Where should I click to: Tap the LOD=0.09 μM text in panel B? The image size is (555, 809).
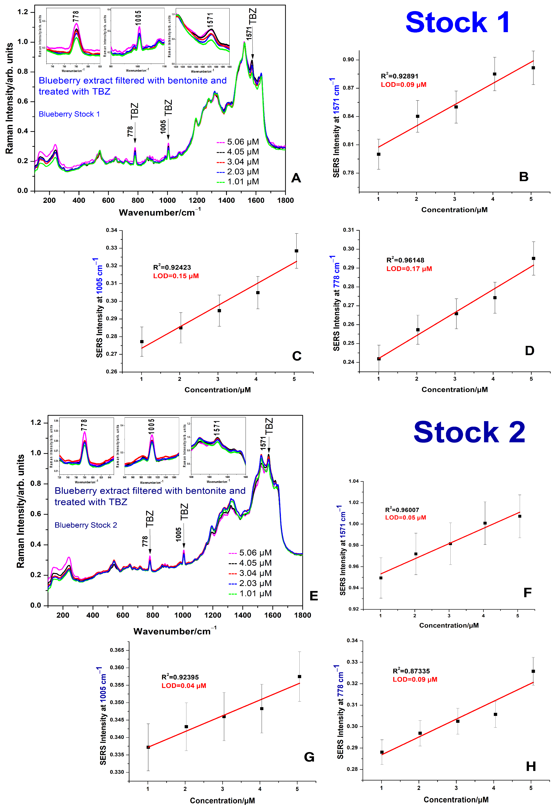[403, 85]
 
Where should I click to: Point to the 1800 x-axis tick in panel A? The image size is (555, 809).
[285, 200]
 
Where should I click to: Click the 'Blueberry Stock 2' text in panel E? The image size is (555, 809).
[86, 525]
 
